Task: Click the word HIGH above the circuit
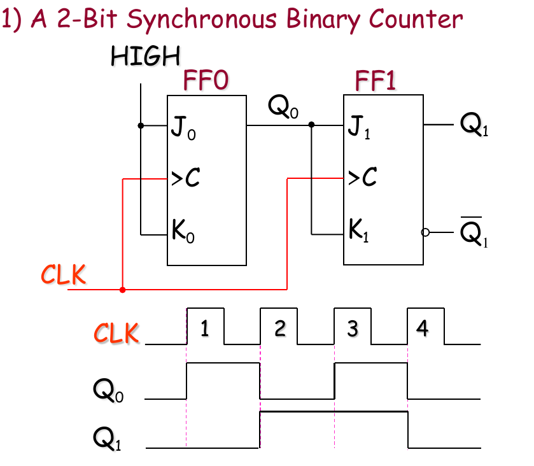(x=145, y=56)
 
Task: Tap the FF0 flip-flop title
(x=206, y=81)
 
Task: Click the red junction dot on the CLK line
(x=122, y=290)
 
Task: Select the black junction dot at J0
(x=141, y=125)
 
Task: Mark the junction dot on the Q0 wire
(x=311, y=125)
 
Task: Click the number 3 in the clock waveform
(x=352, y=328)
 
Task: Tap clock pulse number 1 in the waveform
(x=204, y=328)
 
